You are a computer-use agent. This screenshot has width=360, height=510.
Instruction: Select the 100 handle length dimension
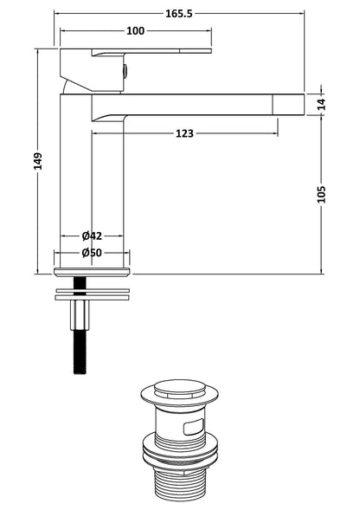(x=135, y=32)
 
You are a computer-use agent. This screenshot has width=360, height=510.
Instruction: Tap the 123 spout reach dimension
(x=183, y=133)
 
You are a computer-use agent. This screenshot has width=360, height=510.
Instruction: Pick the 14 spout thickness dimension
(x=322, y=103)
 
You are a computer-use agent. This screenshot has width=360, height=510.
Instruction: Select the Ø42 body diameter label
(x=92, y=236)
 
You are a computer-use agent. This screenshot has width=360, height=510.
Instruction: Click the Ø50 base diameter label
(x=92, y=253)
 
